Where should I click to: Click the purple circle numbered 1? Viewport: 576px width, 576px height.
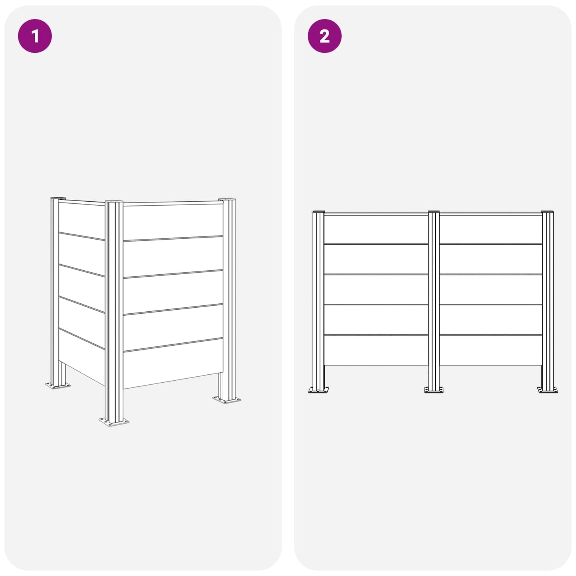point(35,36)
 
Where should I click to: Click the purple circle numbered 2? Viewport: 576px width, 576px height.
point(324,36)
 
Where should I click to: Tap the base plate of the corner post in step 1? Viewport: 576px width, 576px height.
point(114,422)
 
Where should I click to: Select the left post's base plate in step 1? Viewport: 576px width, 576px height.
point(58,385)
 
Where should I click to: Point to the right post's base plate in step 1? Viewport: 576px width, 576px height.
point(226,400)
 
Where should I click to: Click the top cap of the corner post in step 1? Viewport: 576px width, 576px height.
point(114,202)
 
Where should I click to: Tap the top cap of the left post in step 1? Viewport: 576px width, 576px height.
point(58,198)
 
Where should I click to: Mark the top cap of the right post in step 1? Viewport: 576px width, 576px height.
point(226,199)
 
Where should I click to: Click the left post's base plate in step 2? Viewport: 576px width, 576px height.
point(318,389)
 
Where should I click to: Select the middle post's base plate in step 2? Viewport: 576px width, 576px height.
point(434,389)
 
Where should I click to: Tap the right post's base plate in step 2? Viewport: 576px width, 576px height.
point(548,389)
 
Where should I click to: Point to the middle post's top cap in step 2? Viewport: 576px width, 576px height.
point(434,212)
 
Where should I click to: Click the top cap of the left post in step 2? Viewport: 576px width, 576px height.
point(318,212)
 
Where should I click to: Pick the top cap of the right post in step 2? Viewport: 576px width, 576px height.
point(548,212)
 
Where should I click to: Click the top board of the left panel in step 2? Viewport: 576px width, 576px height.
point(376,229)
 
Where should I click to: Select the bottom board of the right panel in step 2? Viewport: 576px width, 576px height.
point(491,350)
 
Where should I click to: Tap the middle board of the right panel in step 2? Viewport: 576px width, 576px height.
point(491,289)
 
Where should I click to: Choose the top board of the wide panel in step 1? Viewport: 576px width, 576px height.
point(173,221)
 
